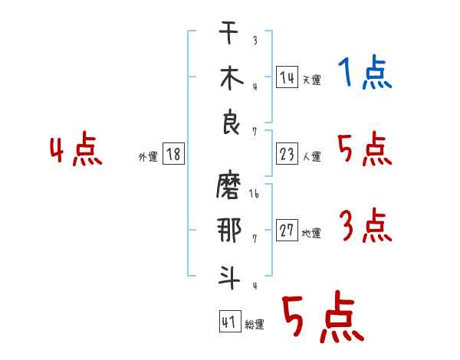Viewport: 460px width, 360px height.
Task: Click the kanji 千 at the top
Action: [228, 32]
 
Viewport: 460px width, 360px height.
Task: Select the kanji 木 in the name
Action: [232, 78]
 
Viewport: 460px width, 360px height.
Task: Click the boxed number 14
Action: [287, 77]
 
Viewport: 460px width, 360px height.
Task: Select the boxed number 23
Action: [287, 154]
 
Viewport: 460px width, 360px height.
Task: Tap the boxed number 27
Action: [287, 230]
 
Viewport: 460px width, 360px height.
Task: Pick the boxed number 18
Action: [173, 154]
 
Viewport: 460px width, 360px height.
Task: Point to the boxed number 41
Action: [230, 321]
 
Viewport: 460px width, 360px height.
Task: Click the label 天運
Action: [312, 80]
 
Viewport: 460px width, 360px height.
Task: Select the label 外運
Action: [148, 156]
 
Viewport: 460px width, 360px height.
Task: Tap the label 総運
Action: [255, 324]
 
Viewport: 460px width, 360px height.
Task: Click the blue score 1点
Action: [365, 72]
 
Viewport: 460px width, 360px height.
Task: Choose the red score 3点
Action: [366, 225]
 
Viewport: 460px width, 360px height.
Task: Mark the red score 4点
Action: [76, 149]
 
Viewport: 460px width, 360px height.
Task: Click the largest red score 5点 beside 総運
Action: [324, 316]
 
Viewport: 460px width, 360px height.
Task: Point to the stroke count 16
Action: [254, 194]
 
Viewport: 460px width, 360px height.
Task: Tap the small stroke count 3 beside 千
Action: [255, 40]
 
